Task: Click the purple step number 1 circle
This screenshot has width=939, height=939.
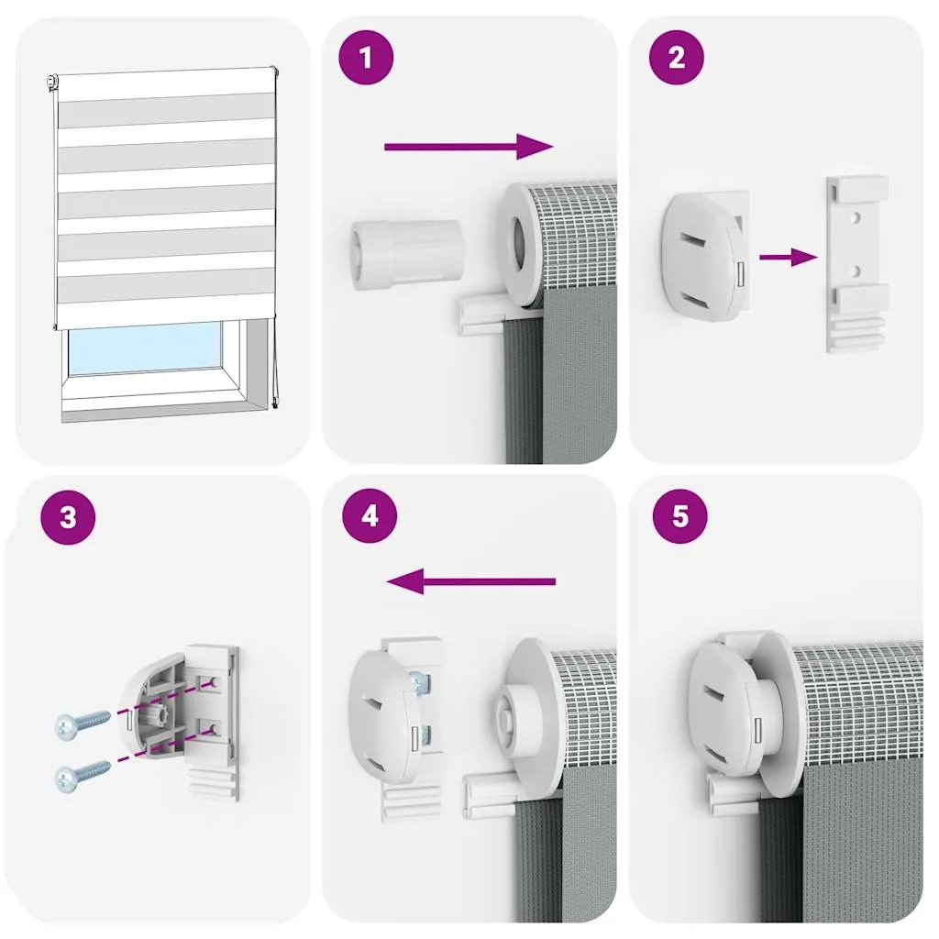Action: pyautogui.click(x=366, y=58)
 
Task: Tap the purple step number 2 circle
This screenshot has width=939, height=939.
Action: pyautogui.click(x=676, y=58)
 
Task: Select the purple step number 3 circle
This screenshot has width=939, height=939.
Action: pyautogui.click(x=68, y=517)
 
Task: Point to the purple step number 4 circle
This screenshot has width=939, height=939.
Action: pyautogui.click(x=370, y=515)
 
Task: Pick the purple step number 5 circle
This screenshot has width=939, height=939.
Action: pyautogui.click(x=679, y=515)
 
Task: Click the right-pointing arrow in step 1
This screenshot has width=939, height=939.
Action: pyautogui.click(x=469, y=147)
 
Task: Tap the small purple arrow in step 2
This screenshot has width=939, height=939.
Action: pyautogui.click(x=789, y=258)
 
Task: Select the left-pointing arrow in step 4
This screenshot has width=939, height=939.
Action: pyautogui.click(x=471, y=580)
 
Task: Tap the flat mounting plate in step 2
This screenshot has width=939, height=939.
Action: pyautogui.click(x=856, y=263)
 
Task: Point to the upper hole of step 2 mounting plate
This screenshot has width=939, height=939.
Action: pyautogui.click(x=857, y=217)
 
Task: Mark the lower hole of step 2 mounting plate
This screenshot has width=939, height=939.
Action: pyautogui.click(x=857, y=272)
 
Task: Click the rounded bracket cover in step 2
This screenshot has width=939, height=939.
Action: pyautogui.click(x=706, y=257)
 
